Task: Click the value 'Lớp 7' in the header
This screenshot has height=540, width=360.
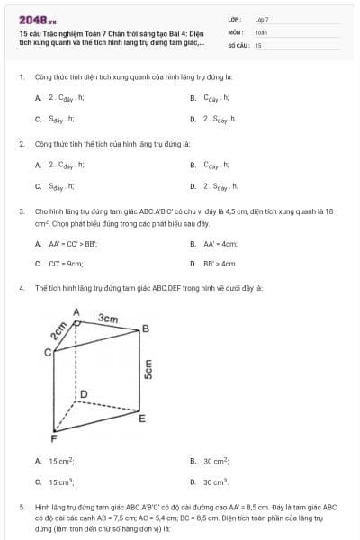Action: pyautogui.click(x=262, y=19)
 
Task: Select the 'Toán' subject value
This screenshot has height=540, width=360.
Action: pyautogui.click(x=261, y=31)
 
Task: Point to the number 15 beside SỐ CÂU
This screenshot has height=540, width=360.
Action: pyautogui.click(x=258, y=44)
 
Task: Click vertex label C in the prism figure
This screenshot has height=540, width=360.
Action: pyautogui.click(x=48, y=352)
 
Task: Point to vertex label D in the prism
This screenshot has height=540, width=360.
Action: pyautogui.click(x=85, y=394)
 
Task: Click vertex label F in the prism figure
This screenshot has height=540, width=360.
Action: pyautogui.click(x=54, y=439)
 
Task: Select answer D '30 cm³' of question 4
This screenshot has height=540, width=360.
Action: pyautogui.click(x=215, y=482)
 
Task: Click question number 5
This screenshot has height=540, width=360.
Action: pyautogui.click(x=21, y=507)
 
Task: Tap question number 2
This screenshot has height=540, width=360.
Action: pyautogui.click(x=21, y=143)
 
